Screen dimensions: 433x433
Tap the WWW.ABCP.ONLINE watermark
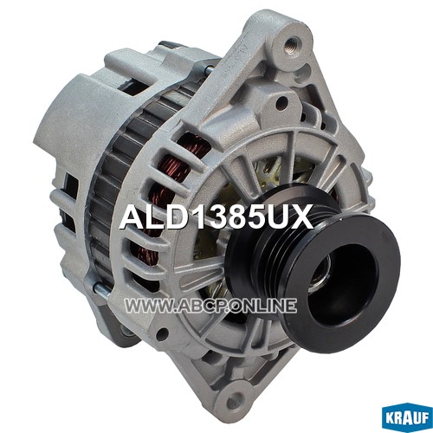point(210,306)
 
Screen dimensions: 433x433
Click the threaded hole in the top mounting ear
point(292,43)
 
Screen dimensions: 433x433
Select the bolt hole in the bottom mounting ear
point(232,400)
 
